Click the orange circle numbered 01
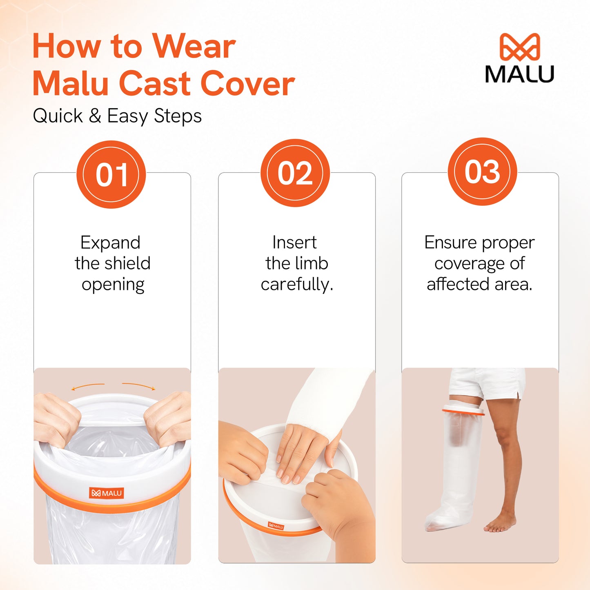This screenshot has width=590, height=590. point(111,174)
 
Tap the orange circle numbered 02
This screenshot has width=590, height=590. point(295,173)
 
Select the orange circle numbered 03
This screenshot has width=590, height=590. point(482,172)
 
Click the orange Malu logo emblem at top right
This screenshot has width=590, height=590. point(520,47)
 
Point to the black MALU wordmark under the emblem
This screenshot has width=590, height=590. point(520,74)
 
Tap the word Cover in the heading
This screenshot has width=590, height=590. point(247,84)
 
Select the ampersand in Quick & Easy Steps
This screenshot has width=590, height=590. point(95,116)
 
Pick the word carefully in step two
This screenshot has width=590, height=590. point(297,285)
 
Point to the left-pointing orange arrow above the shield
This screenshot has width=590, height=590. point(88,387)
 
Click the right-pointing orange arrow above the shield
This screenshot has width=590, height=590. point(139,386)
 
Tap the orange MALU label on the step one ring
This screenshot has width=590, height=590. point(107,493)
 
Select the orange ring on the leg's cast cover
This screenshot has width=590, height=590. point(463,411)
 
